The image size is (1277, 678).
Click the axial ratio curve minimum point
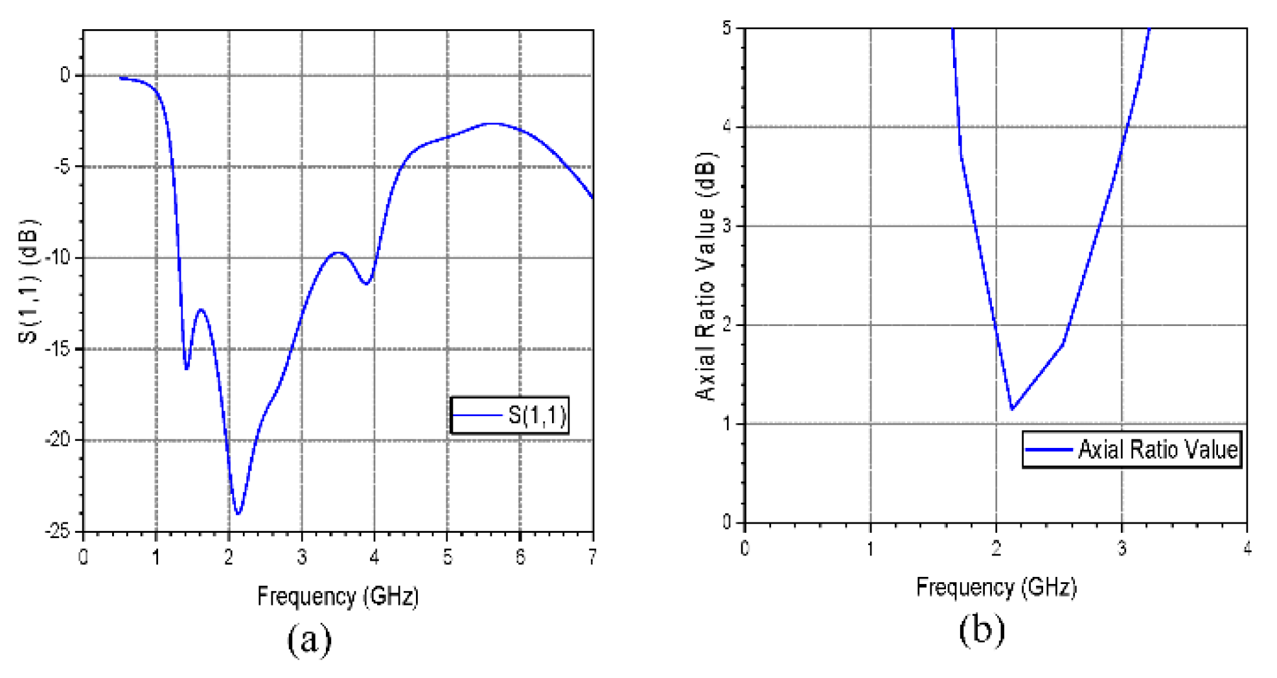[1011, 409]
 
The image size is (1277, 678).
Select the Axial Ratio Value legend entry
[1132, 449]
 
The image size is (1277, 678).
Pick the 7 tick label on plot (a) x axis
[592, 557]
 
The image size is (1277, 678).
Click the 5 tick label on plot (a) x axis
[447, 557]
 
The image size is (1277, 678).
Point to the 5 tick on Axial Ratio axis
[726, 29]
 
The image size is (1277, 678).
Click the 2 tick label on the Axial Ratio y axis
[726, 325]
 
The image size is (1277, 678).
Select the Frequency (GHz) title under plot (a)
[338, 596]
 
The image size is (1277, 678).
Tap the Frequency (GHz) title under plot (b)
[996, 587]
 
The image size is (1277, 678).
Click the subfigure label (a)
[309, 640]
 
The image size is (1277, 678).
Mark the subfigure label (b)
[982, 630]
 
